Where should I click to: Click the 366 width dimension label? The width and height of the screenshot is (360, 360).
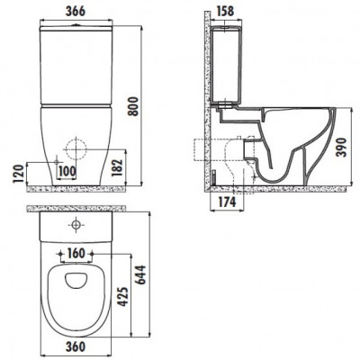coord(76,11)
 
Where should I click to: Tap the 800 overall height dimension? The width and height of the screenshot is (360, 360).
coord(133,106)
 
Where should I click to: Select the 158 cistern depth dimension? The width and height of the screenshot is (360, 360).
coord(225,11)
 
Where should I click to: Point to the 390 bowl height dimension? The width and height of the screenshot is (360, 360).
coord(341,148)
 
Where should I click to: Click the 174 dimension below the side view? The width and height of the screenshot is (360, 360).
coord(227,202)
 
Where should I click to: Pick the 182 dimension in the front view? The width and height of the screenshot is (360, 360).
coord(117,166)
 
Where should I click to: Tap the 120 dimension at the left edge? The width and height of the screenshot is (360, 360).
coord(18,174)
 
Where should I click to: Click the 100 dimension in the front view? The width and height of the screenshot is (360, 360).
coord(67,172)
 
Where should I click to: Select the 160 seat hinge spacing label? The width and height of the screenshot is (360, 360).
coord(76,254)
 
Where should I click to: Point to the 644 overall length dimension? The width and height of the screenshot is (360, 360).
coord(140,274)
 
